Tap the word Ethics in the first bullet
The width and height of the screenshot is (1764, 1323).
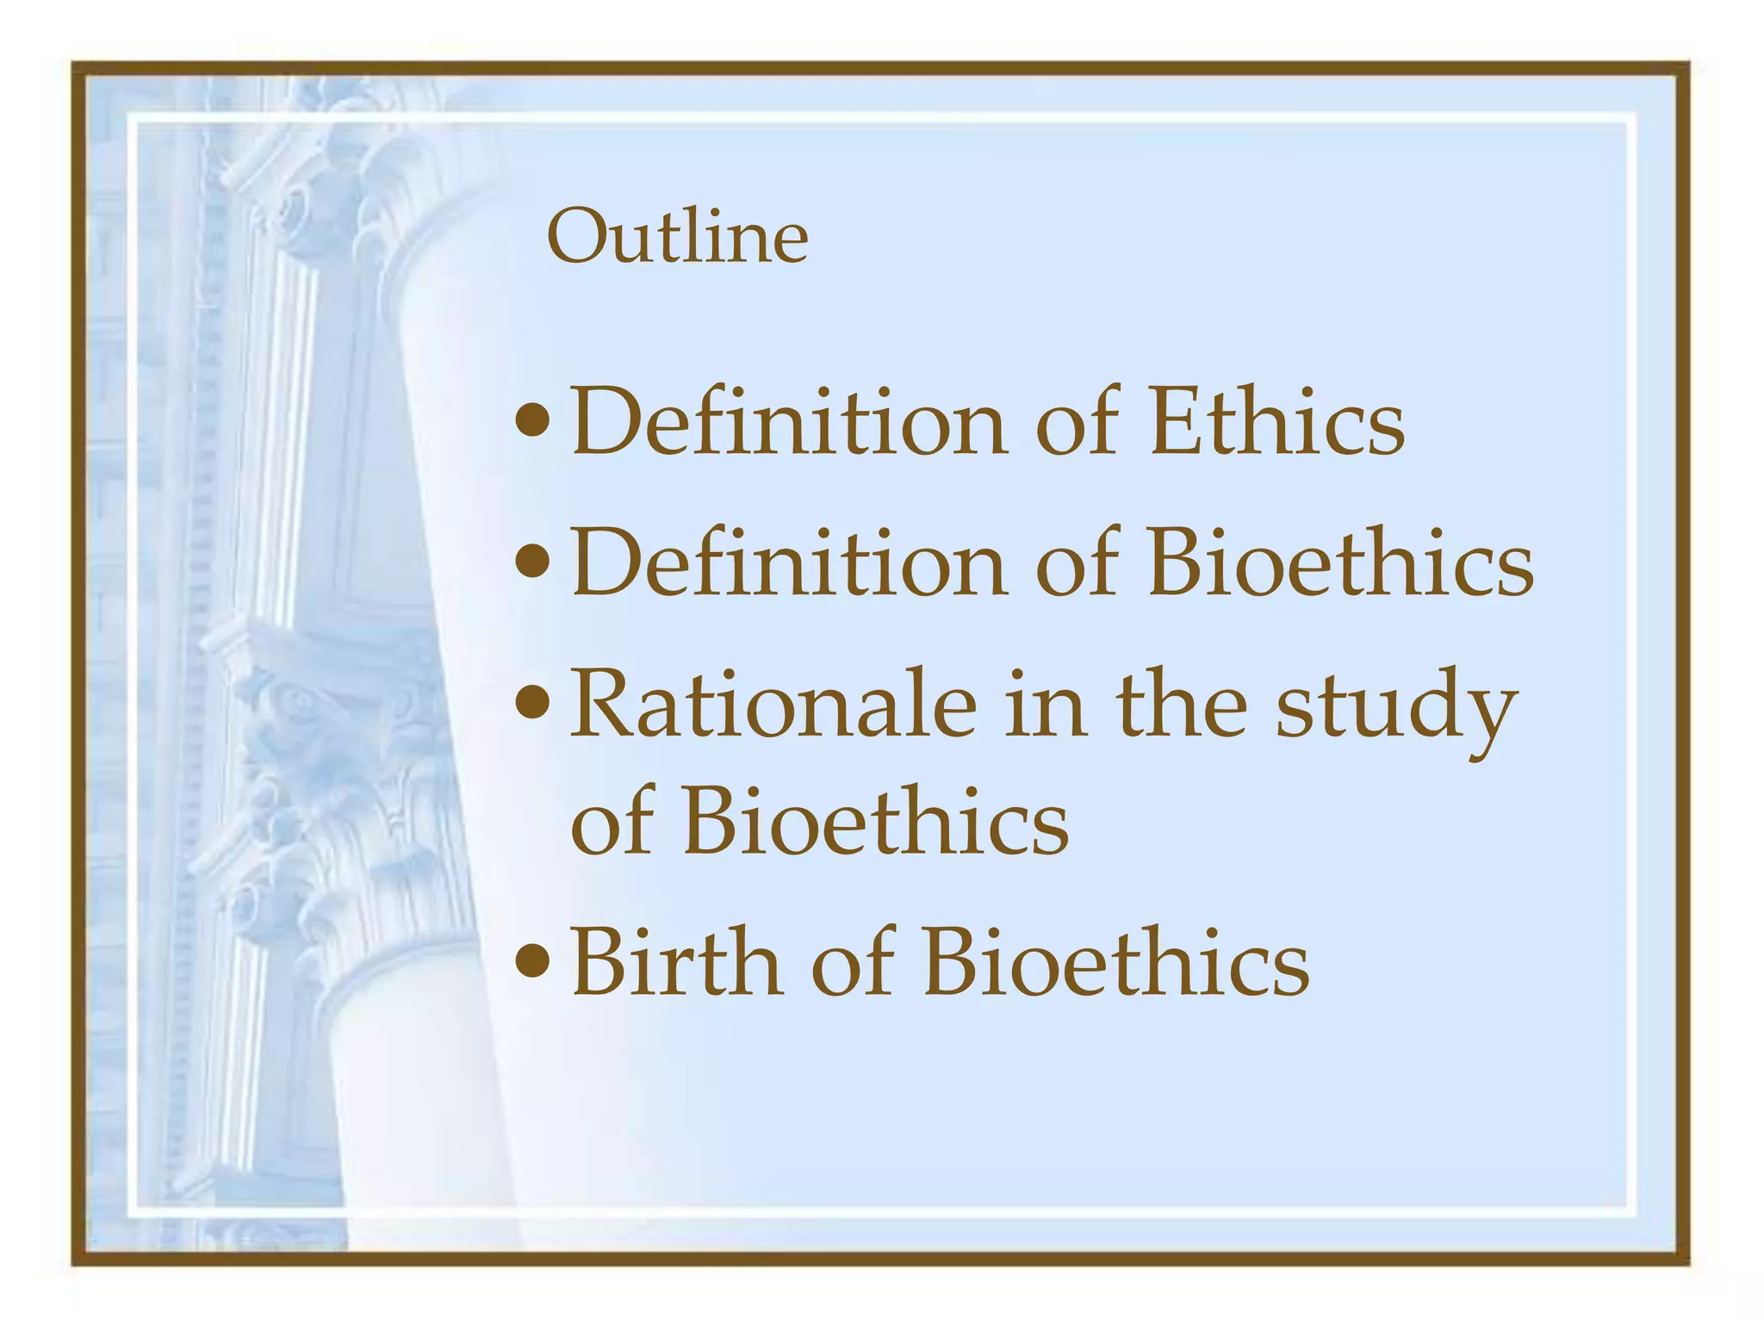pos(1276,422)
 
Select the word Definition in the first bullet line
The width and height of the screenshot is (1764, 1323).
pos(788,422)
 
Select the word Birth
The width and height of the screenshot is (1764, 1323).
pos(677,961)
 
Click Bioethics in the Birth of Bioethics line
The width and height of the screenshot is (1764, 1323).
pos(1115,961)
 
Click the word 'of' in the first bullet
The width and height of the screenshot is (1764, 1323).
pos(1077,422)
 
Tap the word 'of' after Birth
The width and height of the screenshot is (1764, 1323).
pos(853,961)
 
